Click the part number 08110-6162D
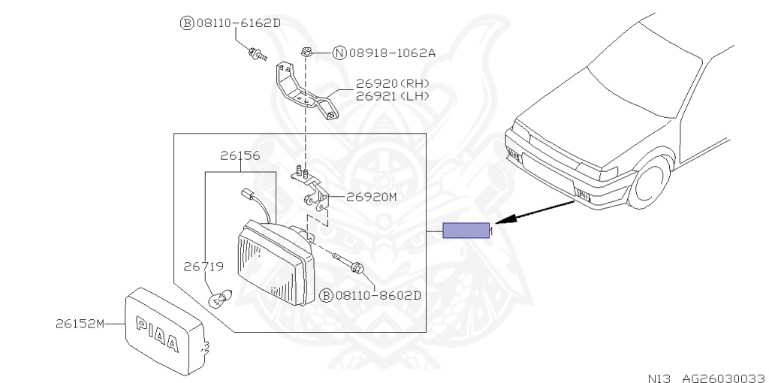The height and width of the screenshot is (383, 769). [238, 23]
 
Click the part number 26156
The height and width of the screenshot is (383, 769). [240, 157]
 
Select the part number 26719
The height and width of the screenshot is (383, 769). [203, 266]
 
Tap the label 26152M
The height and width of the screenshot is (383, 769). [77, 324]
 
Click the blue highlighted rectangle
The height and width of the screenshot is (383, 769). [466, 231]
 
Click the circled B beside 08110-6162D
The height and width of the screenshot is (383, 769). [186, 23]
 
